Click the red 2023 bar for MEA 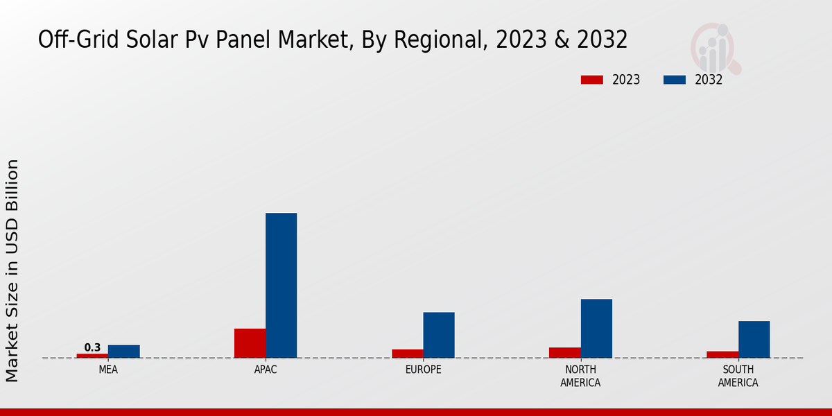pyautogui.click(x=92, y=356)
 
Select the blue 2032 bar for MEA pyautogui.click(x=123, y=352)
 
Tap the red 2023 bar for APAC pyautogui.click(x=250, y=343)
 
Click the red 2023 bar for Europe pyautogui.click(x=407, y=354)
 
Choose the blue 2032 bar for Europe pyautogui.click(x=439, y=335)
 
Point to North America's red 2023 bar pyautogui.click(x=564, y=352)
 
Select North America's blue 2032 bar pyautogui.click(x=596, y=329)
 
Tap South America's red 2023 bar pyautogui.click(x=722, y=354)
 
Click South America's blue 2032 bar pyautogui.click(x=754, y=340)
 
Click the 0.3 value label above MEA pyautogui.click(x=92, y=347)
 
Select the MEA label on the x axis pyautogui.click(x=108, y=370)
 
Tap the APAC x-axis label pyautogui.click(x=266, y=370)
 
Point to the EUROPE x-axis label pyautogui.click(x=423, y=370)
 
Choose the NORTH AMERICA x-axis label pyautogui.click(x=580, y=376)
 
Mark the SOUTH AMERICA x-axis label pyautogui.click(x=738, y=376)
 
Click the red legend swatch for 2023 pyautogui.click(x=591, y=80)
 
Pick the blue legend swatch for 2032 pyautogui.click(x=675, y=80)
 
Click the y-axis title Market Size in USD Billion pyautogui.click(x=12, y=270)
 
